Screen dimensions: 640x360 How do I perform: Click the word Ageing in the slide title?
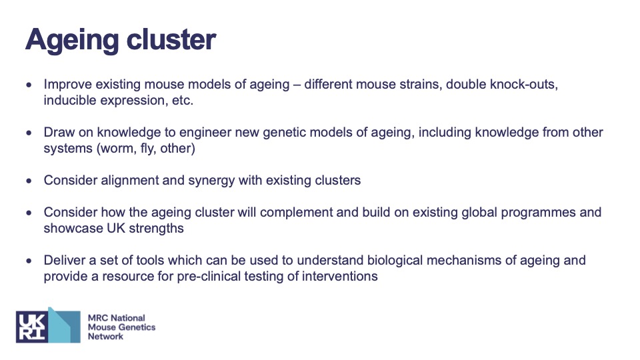click(73, 40)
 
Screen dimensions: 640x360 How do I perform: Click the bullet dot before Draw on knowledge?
click(29, 133)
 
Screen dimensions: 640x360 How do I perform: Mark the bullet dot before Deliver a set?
click(29, 261)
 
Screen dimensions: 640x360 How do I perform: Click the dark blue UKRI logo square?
click(32, 327)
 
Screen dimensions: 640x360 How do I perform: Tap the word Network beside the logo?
click(105, 336)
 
